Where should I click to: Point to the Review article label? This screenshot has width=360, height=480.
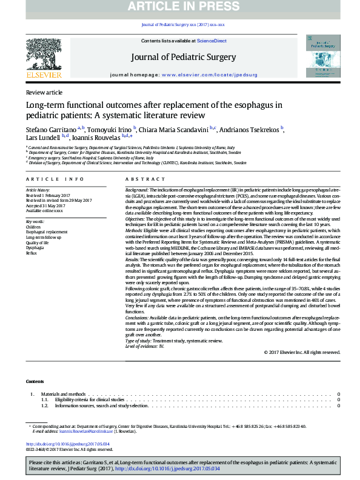[44, 92]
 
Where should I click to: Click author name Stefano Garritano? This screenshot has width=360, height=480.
[50, 130]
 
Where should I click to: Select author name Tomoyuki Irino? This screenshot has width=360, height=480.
[110, 130]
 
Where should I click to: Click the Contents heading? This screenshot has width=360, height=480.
[35, 381]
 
